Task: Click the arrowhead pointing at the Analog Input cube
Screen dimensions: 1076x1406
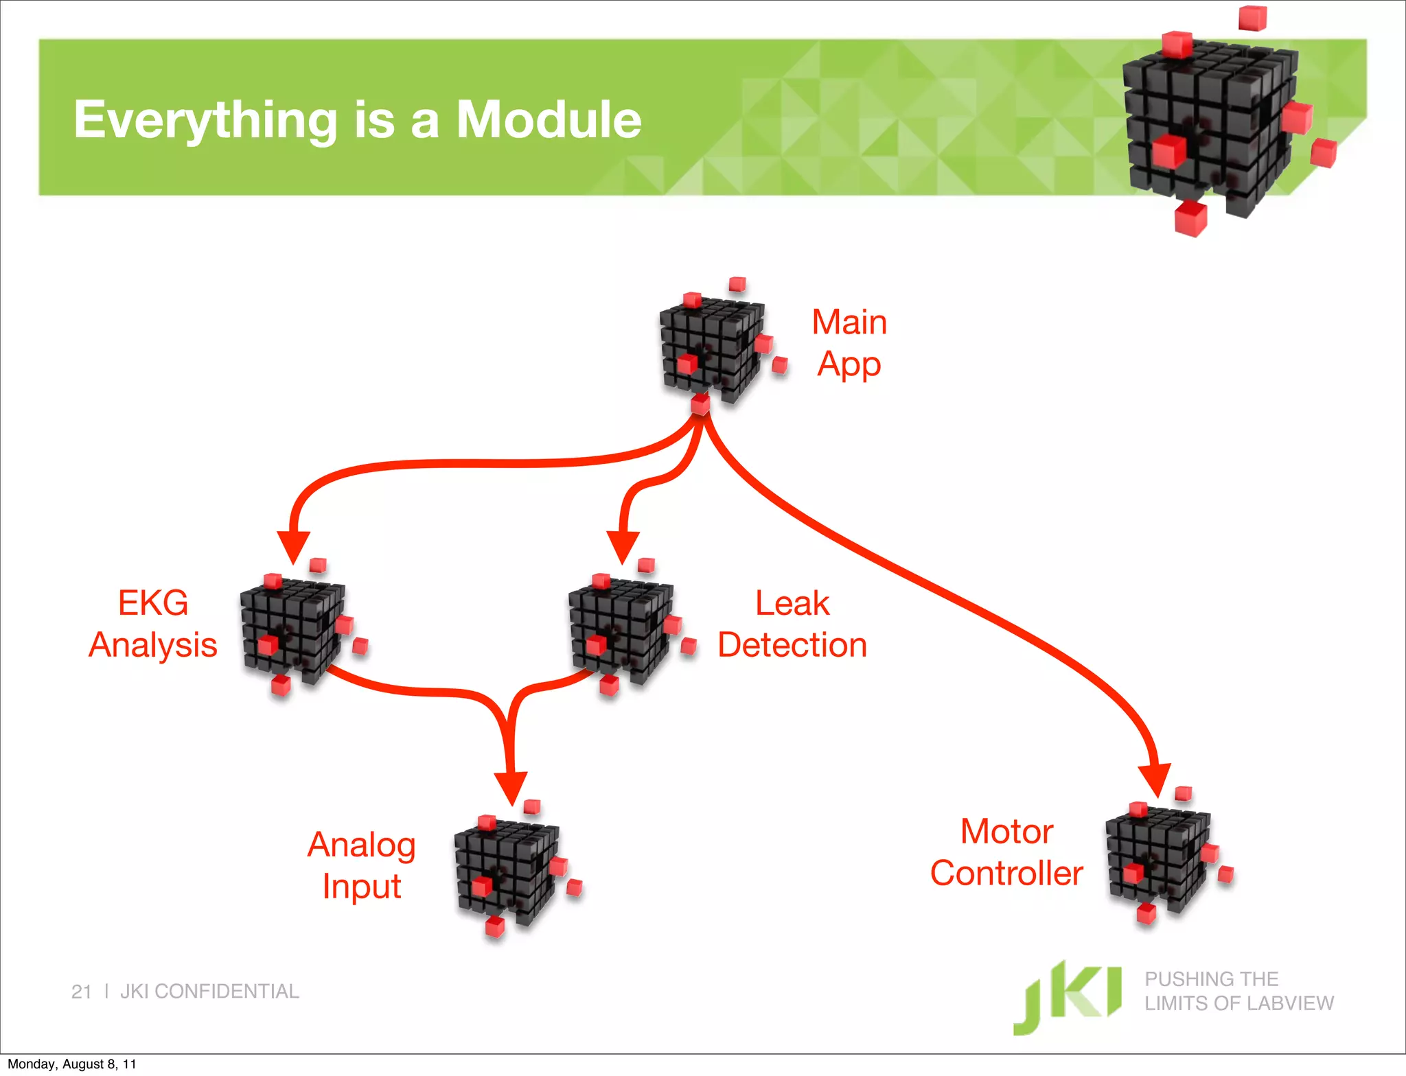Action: [x=511, y=786]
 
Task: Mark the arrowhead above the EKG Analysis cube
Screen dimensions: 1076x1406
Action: [x=294, y=546]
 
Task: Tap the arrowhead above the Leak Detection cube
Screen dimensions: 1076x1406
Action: [x=623, y=546]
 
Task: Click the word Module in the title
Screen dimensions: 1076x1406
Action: [x=549, y=119]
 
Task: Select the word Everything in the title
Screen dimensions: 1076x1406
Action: [x=205, y=121]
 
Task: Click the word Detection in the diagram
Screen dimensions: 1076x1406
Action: [x=792, y=645]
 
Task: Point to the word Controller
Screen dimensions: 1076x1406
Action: [x=1006, y=873]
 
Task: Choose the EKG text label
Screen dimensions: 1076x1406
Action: [x=153, y=603]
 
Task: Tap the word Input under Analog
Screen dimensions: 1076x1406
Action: [x=362, y=887]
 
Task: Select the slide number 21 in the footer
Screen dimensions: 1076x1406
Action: [x=81, y=992]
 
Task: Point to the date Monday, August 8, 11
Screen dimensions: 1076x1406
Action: [x=72, y=1064]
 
